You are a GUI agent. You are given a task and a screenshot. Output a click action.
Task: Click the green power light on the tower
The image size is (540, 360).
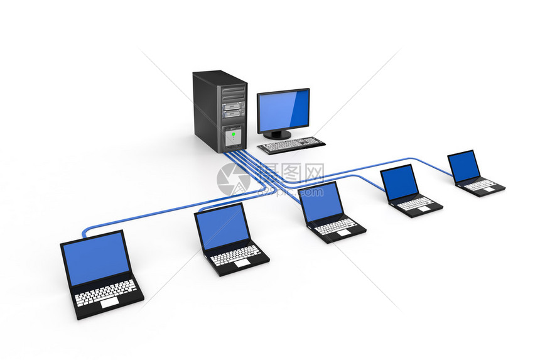(233, 133)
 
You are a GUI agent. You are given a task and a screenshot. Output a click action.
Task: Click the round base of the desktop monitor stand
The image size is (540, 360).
(277, 134)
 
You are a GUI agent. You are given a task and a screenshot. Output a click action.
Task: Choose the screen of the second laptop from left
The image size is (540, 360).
(220, 227)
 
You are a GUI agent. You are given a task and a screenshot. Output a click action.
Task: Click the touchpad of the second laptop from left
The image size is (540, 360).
(242, 263)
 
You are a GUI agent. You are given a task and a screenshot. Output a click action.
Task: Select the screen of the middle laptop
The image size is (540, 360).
(322, 201)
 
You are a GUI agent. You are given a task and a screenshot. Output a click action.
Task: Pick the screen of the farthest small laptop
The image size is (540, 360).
(464, 166)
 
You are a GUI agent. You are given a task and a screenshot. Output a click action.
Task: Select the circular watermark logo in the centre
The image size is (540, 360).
(234, 179)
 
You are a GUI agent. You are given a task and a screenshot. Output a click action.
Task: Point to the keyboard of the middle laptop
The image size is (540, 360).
(336, 225)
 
